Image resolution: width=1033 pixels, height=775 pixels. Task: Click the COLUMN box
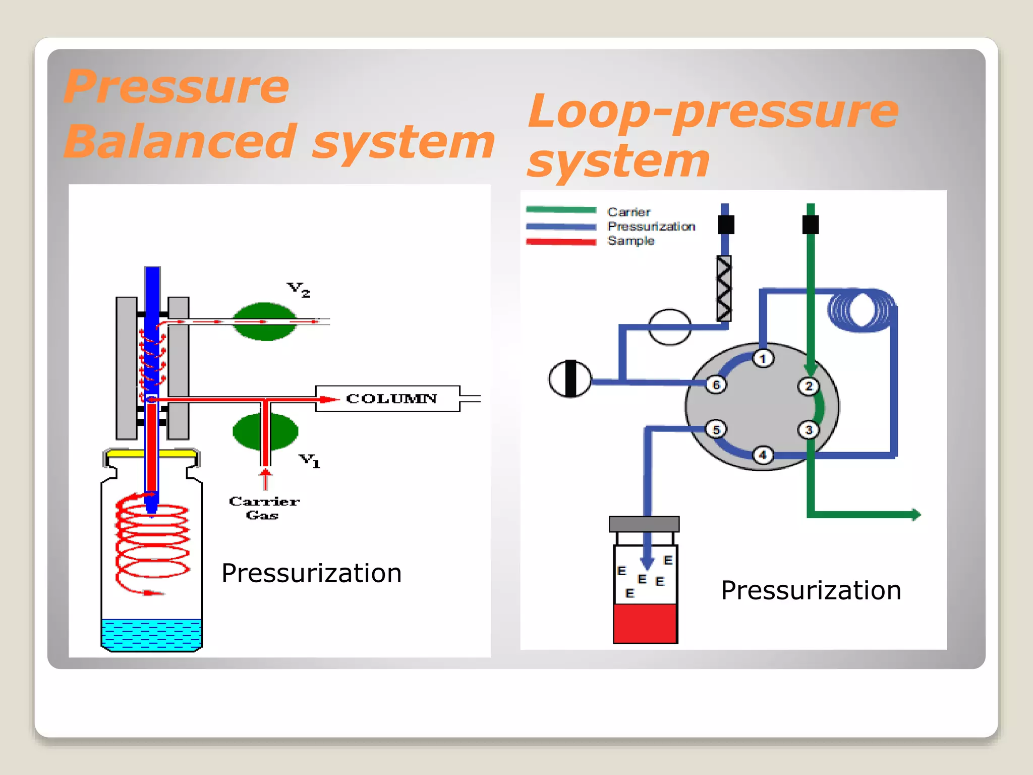click(387, 399)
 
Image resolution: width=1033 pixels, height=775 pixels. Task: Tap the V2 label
click(298, 290)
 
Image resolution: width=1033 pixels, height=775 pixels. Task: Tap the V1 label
click(309, 460)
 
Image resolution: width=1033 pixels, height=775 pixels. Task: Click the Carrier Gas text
click(264, 508)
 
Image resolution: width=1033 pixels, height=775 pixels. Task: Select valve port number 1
click(763, 359)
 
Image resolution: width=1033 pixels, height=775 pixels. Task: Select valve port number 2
click(809, 386)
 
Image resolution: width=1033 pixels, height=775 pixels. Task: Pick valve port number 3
click(809, 430)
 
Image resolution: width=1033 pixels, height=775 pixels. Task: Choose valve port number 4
click(763, 455)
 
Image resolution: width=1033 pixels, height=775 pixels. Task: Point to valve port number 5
click(716, 429)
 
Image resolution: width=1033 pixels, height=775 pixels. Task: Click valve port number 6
click(716, 385)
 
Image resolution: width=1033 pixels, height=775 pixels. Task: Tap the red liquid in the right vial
click(645, 623)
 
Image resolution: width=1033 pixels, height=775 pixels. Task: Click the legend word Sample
click(630, 241)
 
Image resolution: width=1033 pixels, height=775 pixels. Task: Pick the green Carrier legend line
click(561, 209)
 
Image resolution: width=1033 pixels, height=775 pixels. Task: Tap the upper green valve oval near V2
click(264, 321)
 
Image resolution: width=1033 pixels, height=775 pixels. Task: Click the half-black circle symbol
click(570, 378)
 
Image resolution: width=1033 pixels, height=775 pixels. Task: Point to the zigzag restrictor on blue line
click(724, 288)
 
